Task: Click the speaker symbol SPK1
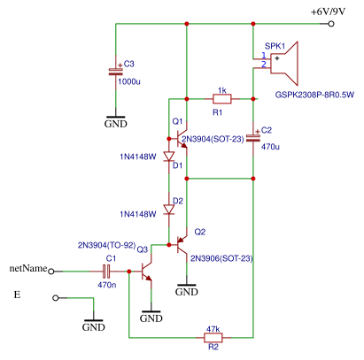(284, 63)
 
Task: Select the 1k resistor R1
(222, 99)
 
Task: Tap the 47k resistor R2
(213, 337)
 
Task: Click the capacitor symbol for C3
(116, 72)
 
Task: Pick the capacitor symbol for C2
(253, 138)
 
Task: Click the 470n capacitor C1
(106, 272)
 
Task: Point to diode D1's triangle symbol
(169, 157)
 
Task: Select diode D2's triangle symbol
(169, 210)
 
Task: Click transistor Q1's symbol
(181, 139)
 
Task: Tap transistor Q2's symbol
(181, 245)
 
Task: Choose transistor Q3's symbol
(146, 272)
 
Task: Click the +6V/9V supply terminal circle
(331, 24)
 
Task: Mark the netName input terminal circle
(51, 272)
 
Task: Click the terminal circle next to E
(56, 298)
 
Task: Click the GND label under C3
(116, 124)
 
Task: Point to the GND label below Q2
(187, 292)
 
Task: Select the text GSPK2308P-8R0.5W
(314, 95)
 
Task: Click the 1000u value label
(129, 81)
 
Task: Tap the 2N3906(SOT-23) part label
(221, 258)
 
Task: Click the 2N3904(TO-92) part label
(107, 245)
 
